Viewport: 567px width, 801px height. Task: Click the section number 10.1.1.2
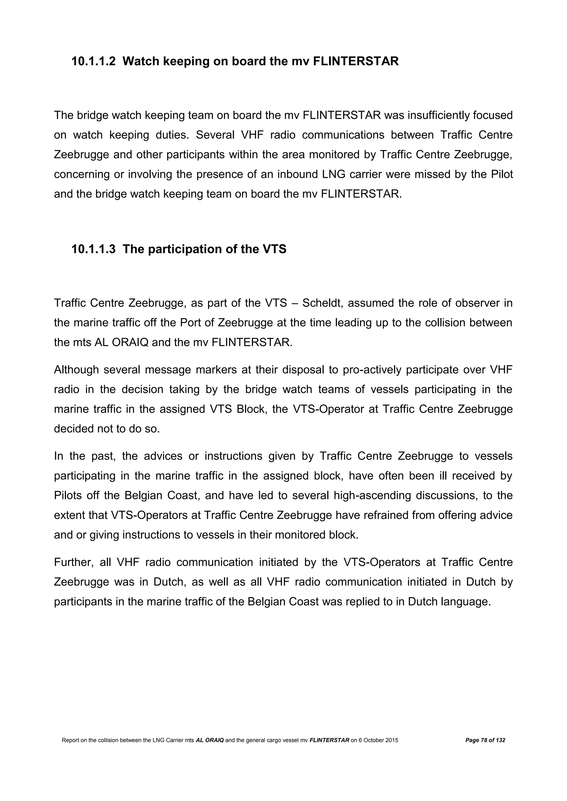pos(93,61)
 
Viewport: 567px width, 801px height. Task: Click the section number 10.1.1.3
pos(93,249)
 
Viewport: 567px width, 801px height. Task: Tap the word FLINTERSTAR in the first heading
pos(356,61)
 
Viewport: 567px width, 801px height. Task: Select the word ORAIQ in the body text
pos(130,343)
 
